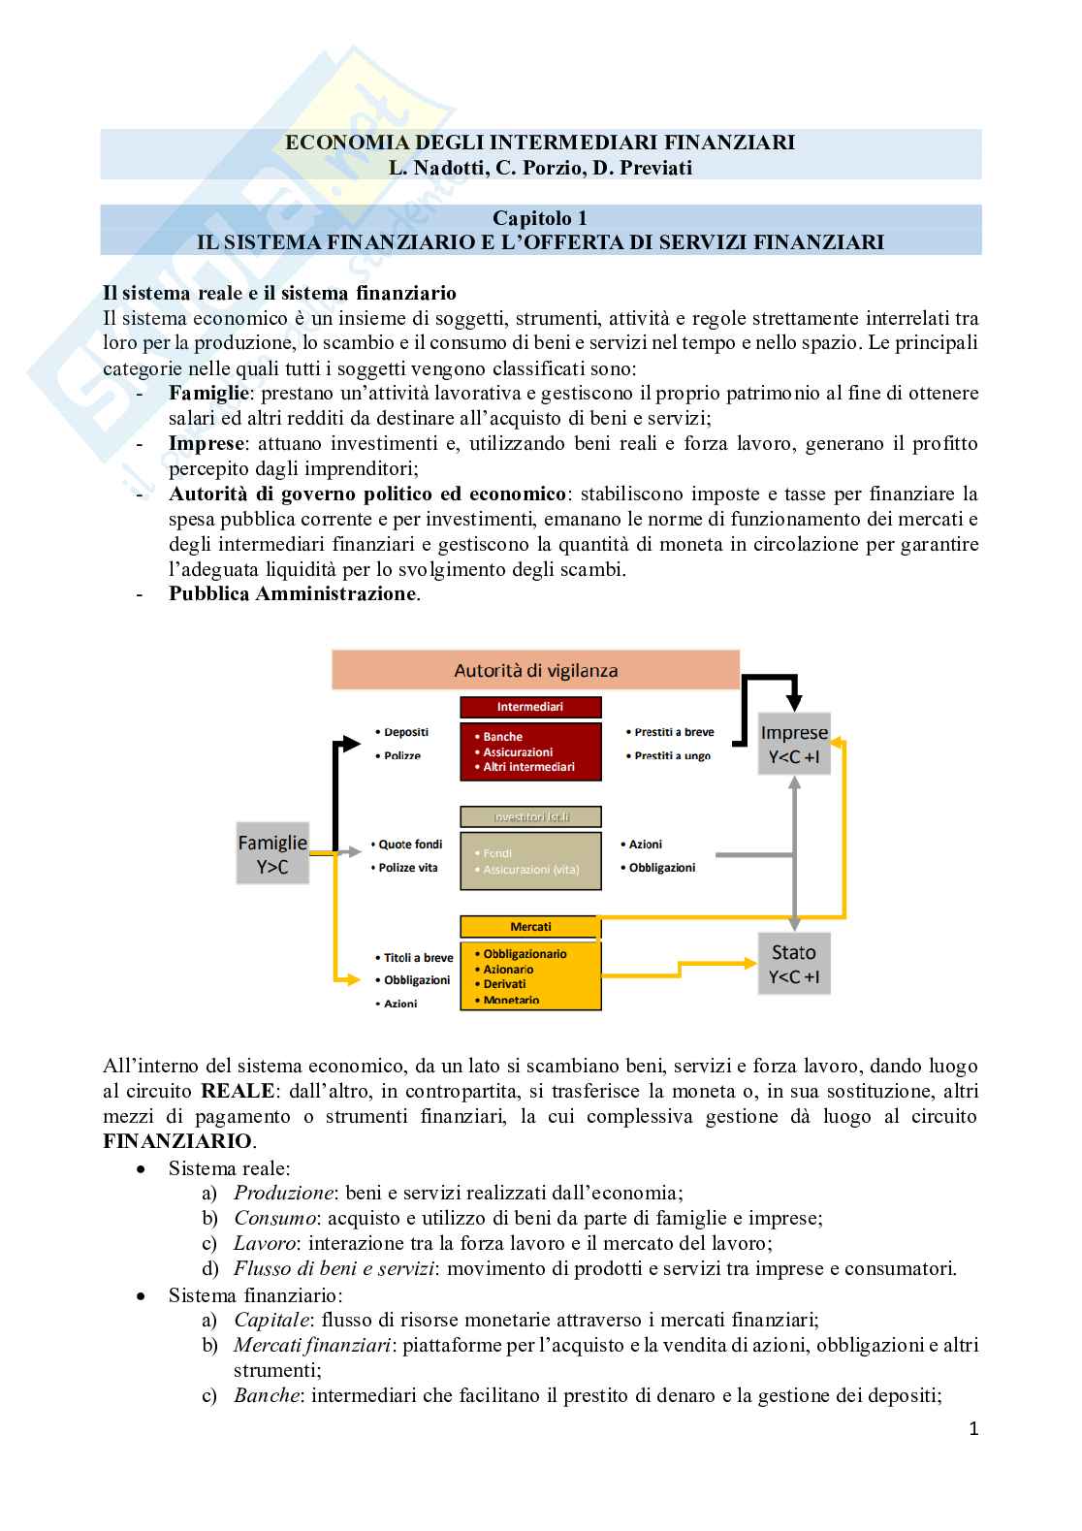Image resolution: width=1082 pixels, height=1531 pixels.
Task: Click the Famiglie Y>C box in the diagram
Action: pyautogui.click(x=272, y=854)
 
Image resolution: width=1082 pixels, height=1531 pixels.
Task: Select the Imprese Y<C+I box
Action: pyautogui.click(x=794, y=745)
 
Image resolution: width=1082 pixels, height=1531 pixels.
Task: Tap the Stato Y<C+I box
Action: pyautogui.click(x=794, y=964)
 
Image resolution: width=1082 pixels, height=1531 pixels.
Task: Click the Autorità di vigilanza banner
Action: pyautogui.click(x=535, y=670)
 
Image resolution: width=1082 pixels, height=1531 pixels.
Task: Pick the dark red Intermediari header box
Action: pyautogui.click(x=530, y=707)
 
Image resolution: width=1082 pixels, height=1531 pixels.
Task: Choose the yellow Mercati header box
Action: pyautogui.click(x=530, y=927)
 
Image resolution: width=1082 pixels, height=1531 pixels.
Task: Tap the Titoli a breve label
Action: pyautogui.click(x=418, y=958)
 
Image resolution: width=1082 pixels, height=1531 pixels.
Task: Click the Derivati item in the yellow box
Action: pyautogui.click(x=504, y=984)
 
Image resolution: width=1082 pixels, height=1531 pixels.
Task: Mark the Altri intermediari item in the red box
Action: pyautogui.click(x=528, y=767)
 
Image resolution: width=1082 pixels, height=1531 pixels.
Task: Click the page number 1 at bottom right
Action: pyautogui.click(x=973, y=1428)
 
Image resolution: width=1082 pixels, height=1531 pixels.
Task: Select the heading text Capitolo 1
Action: pyautogui.click(x=540, y=218)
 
